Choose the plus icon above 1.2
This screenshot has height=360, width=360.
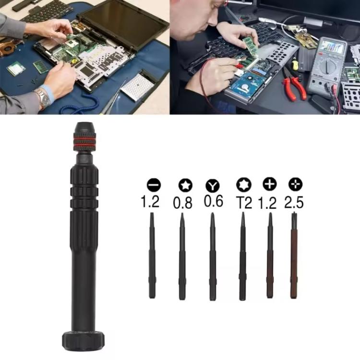pos(269,184)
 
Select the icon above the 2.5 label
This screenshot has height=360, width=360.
pos(294,184)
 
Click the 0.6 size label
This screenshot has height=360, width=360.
pos(213,201)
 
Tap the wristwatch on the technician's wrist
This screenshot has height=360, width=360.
pos(43,98)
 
